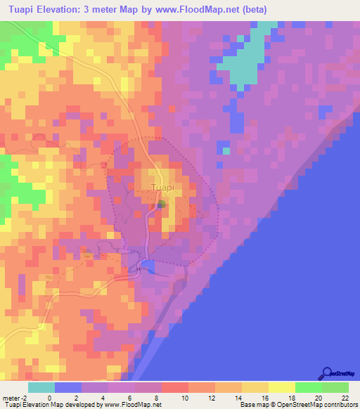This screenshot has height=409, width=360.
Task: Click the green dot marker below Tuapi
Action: [162, 204]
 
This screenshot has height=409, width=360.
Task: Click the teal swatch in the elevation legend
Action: [41, 388]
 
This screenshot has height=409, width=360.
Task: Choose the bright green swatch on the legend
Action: [308, 388]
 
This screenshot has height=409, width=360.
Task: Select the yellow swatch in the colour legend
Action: [281, 388]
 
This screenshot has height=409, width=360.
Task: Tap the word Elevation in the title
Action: [63, 10]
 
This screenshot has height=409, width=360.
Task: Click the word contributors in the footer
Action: [337, 405]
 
